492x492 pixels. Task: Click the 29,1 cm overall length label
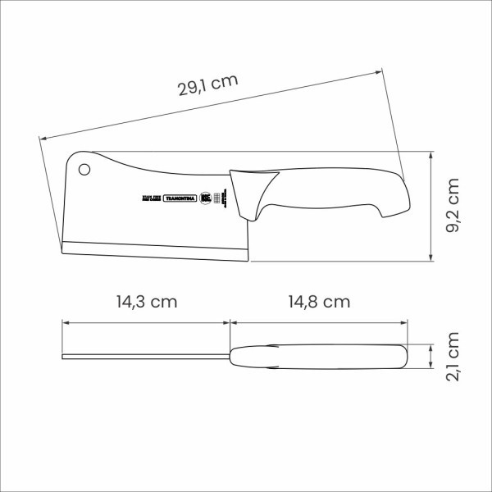(208, 86)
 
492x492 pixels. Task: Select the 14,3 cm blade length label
(147, 301)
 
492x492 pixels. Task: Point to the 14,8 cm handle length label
(319, 301)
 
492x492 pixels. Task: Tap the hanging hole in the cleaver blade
(84, 170)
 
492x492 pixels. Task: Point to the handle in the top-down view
(320, 356)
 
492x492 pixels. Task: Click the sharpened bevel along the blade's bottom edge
(156, 251)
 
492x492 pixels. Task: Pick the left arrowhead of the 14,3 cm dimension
(66, 322)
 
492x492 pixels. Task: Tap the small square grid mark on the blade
(218, 198)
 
